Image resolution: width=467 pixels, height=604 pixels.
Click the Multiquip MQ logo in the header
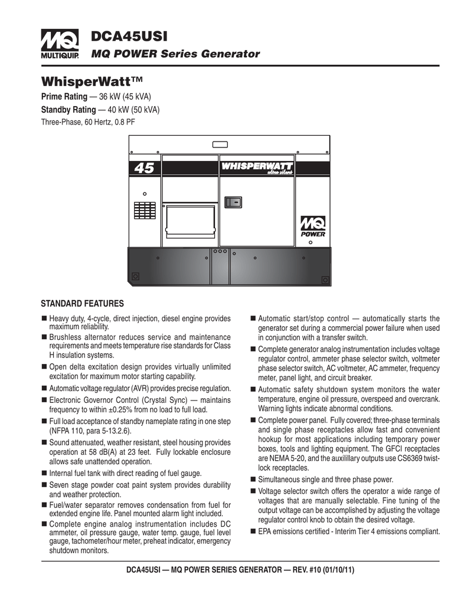[55, 44]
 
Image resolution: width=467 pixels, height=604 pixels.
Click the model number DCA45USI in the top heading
[129, 37]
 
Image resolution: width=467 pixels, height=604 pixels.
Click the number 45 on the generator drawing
[143, 169]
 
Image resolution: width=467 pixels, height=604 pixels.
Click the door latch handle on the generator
[233, 202]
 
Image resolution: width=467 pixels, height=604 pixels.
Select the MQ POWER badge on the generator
[313, 226]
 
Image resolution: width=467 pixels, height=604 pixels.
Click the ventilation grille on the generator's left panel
[145, 211]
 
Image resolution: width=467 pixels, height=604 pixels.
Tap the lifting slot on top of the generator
[220, 144]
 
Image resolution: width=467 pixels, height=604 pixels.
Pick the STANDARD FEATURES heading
[82, 304]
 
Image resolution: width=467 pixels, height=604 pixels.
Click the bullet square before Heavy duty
[44, 319]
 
